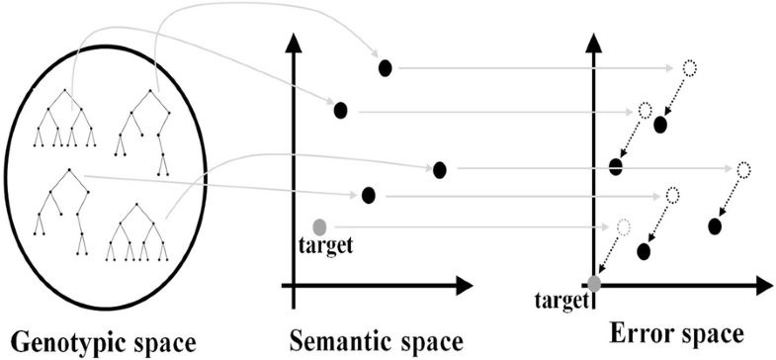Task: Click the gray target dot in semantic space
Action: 318,226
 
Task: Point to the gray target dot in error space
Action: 594,285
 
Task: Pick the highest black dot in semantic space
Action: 386,67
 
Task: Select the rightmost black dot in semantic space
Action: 440,170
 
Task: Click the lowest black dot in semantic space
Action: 369,195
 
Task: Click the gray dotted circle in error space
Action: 622,226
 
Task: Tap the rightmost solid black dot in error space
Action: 715,226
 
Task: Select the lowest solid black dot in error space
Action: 644,250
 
